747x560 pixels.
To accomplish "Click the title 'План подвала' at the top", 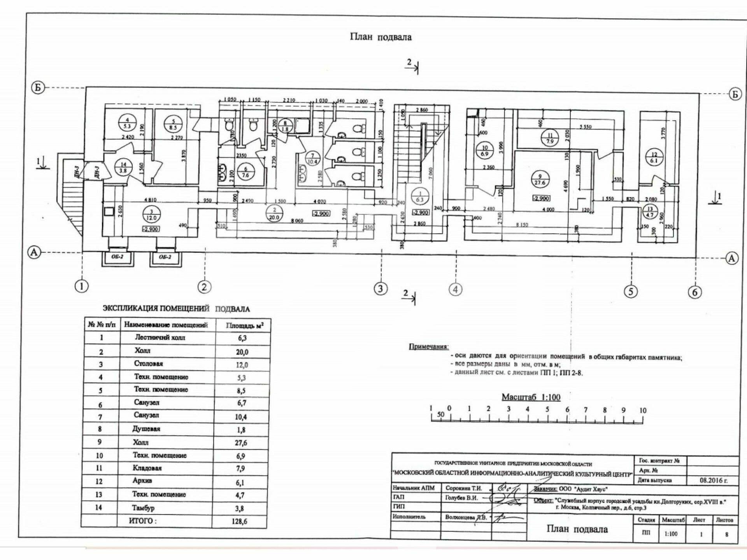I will click(381, 37).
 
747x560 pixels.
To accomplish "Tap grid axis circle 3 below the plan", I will click(380, 289).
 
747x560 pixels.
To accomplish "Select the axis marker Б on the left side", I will click(38, 87).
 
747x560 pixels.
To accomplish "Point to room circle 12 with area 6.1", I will click(654, 157).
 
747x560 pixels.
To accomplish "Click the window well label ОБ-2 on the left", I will click(117, 257).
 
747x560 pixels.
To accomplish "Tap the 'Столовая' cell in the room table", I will click(148, 364).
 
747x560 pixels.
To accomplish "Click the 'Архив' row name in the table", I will click(142, 481).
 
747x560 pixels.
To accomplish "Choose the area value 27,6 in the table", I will click(241, 443).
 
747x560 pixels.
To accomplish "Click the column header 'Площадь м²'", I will click(244, 325).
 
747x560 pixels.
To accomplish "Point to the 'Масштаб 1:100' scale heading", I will click(531, 397).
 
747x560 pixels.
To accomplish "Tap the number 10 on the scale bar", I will click(642, 410).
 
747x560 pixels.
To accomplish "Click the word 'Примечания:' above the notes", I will click(428, 346).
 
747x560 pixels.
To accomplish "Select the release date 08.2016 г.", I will click(713, 480).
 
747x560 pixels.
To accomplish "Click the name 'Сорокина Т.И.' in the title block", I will click(463, 488).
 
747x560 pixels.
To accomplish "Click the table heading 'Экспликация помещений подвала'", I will click(176, 309).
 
